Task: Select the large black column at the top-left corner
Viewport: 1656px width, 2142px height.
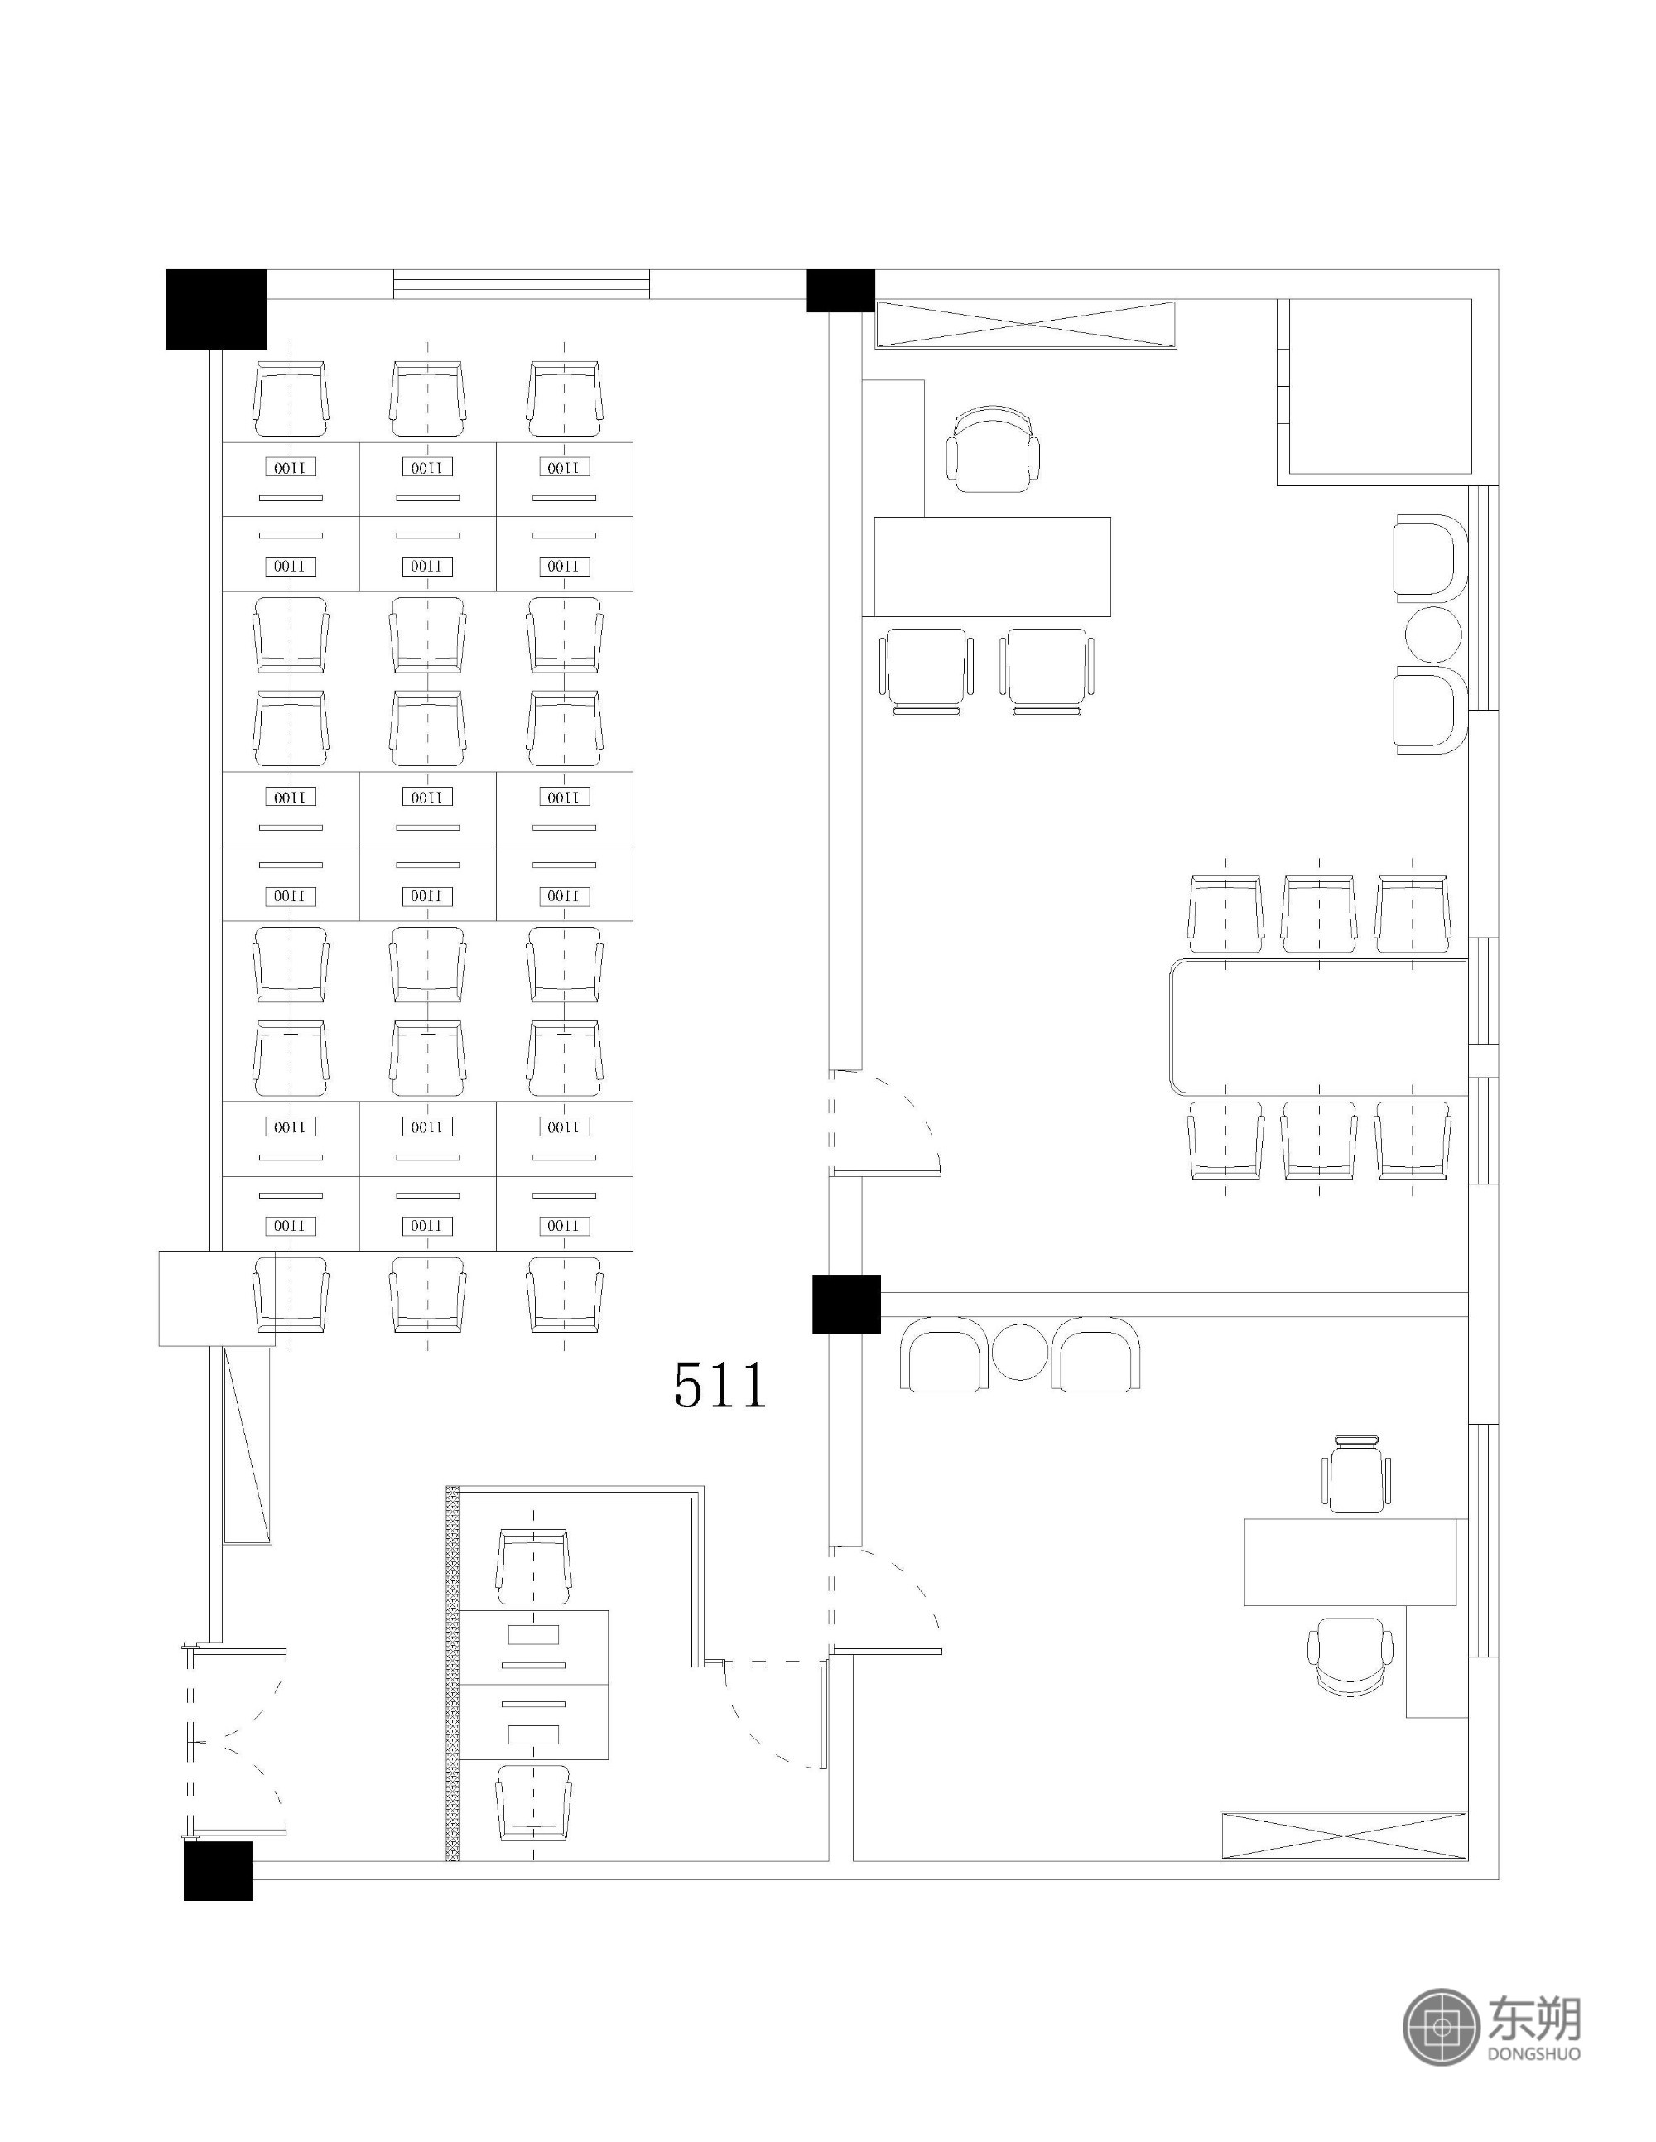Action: [x=217, y=309]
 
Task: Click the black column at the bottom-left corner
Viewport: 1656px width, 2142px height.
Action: [x=218, y=1870]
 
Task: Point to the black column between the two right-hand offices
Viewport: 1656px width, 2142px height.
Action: [x=846, y=1305]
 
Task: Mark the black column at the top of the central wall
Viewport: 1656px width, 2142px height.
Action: [x=840, y=290]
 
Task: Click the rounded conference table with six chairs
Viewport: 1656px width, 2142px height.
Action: [x=1317, y=1026]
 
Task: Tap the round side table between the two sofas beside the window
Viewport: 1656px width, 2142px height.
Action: [x=1432, y=634]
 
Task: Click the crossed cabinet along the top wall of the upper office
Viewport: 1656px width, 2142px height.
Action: [x=1026, y=325]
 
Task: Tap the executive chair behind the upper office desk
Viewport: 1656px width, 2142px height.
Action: [x=994, y=449]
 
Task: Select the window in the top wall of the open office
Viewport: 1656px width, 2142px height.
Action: [x=522, y=283]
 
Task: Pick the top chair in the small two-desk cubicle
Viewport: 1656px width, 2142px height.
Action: [x=533, y=1566]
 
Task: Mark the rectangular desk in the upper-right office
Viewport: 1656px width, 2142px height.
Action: [x=992, y=567]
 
